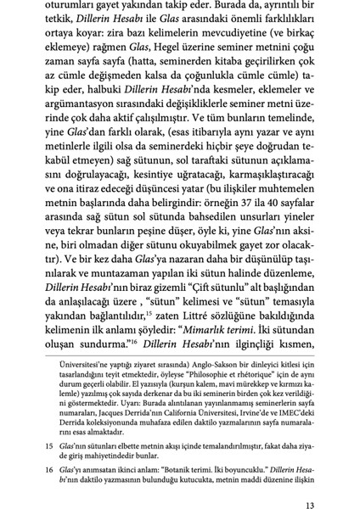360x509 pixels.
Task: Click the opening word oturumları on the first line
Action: click(65, 8)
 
